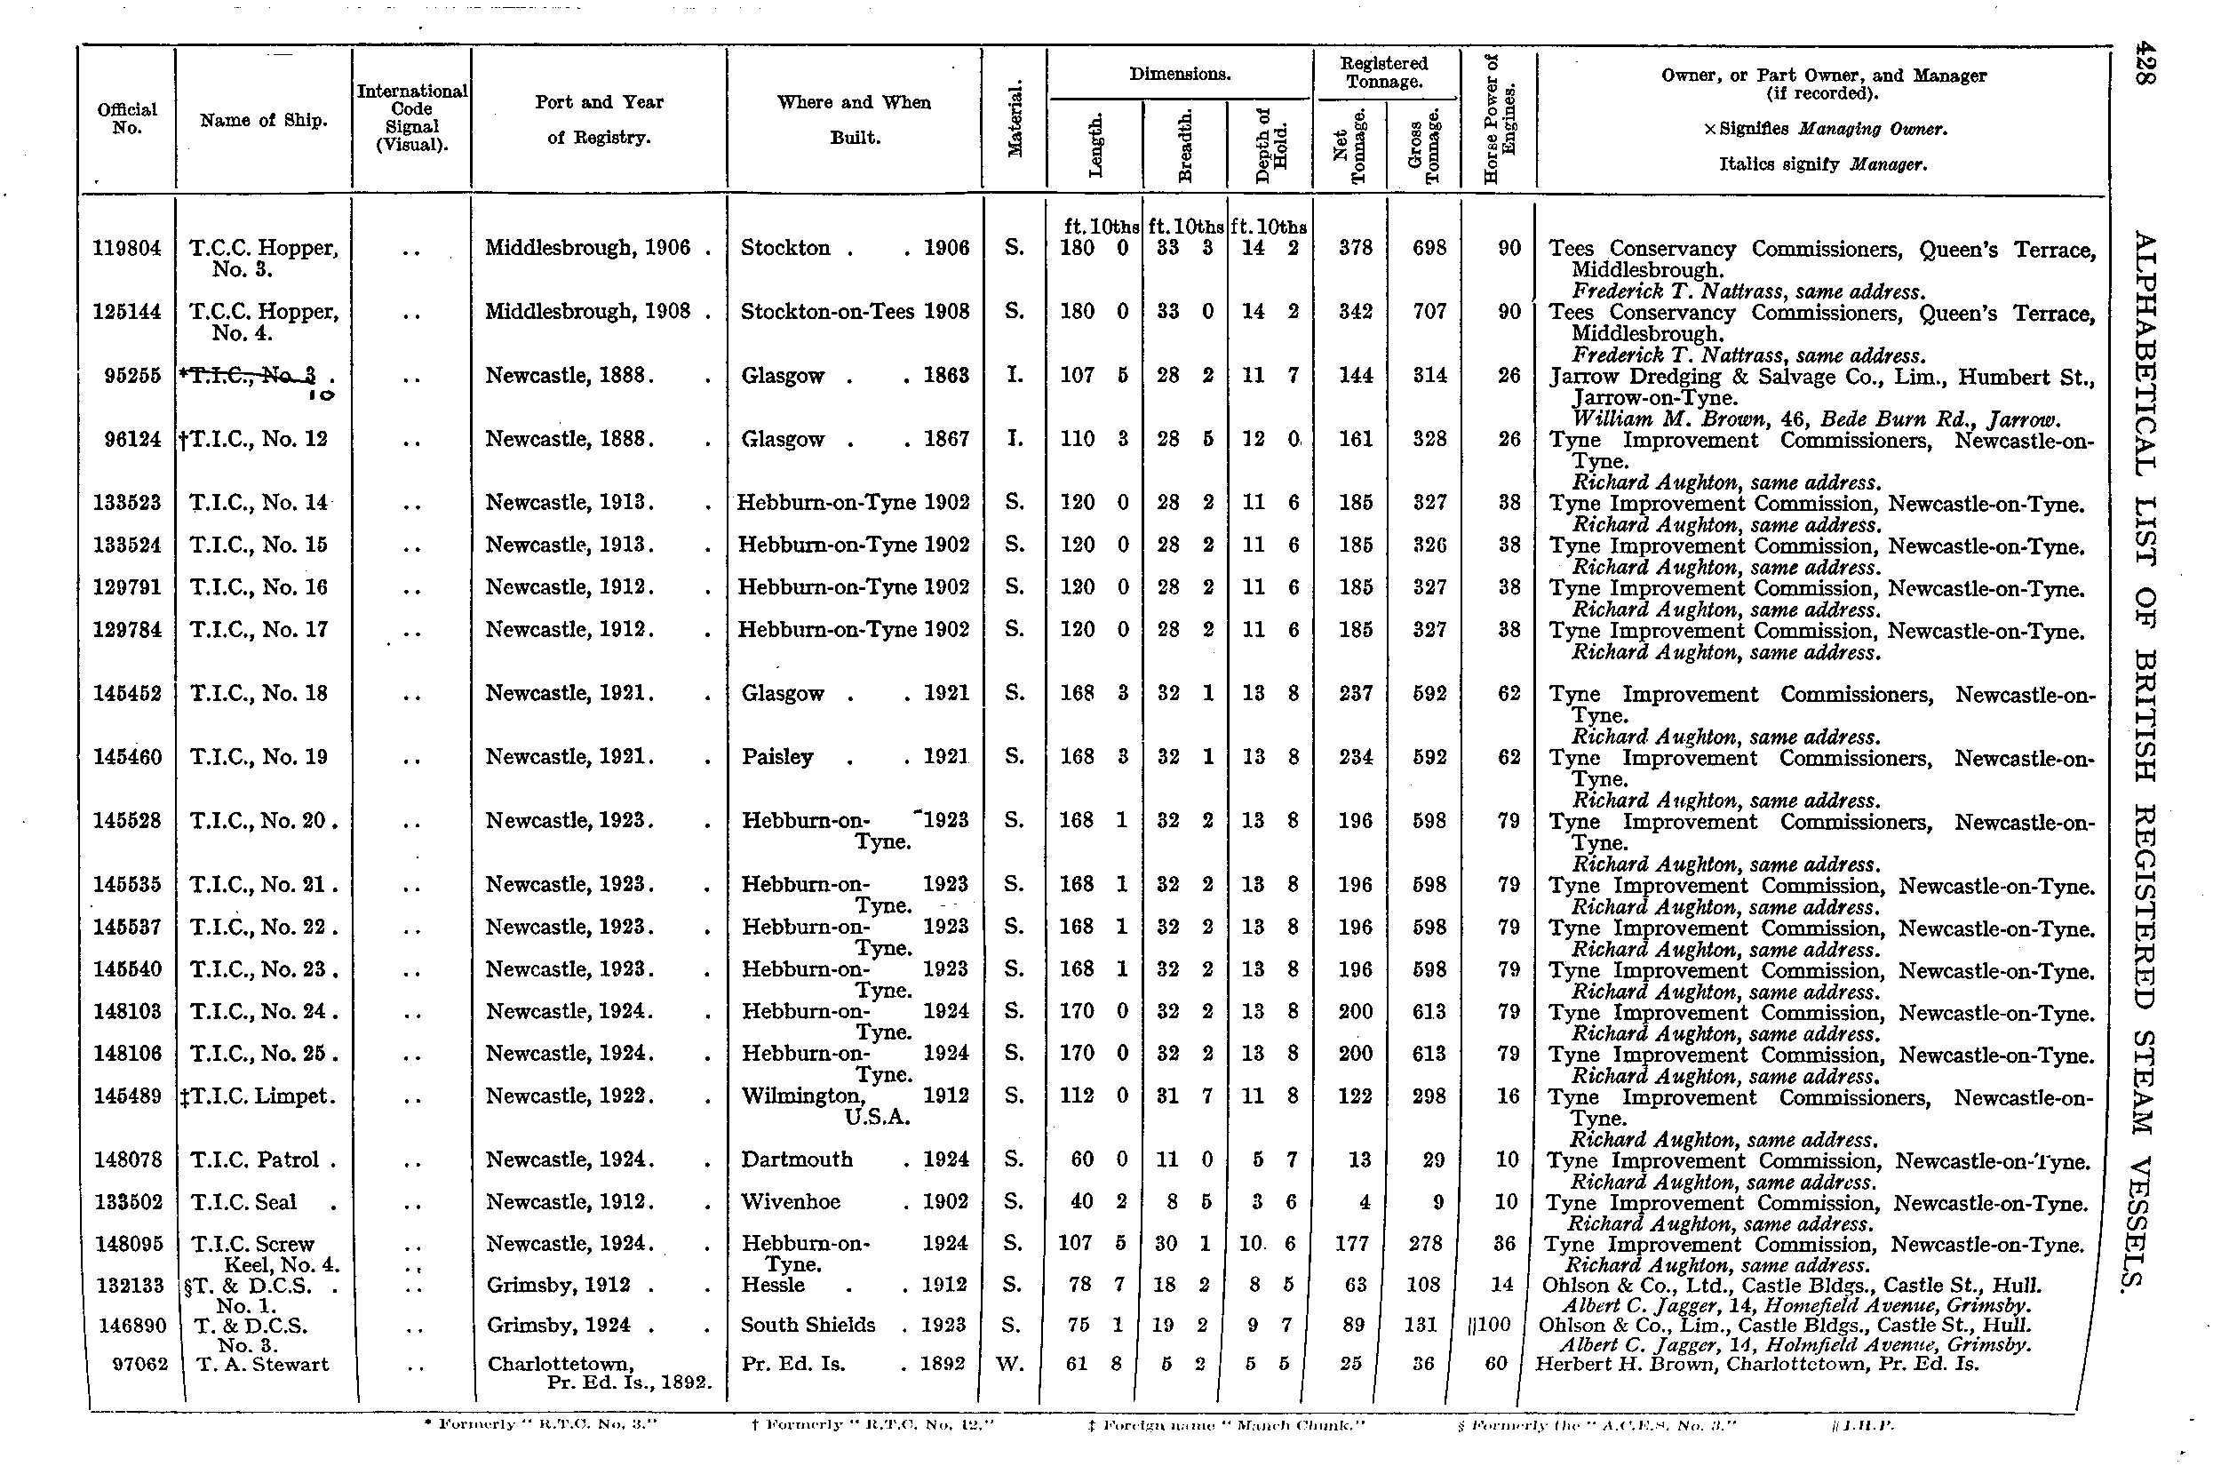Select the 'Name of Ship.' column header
tap(264, 120)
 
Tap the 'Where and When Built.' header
tap(855, 119)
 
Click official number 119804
tap(128, 249)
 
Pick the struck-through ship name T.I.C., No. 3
tap(253, 376)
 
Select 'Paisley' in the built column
tap(776, 757)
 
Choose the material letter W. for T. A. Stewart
tap(1010, 1364)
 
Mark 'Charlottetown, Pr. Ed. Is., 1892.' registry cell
tap(599, 1374)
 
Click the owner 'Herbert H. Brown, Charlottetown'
tap(1757, 1364)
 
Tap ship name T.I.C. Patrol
tap(255, 1159)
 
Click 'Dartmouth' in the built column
tap(797, 1159)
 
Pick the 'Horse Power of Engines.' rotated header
tap(1499, 118)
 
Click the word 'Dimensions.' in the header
tap(1180, 74)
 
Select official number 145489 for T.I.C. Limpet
tap(128, 1096)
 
